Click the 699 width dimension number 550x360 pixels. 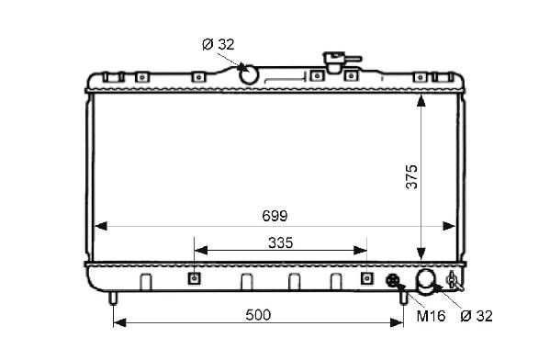[275, 216]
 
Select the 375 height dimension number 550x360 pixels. [411, 177]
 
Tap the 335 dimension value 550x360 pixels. [280, 242]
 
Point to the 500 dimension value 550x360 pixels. [258, 315]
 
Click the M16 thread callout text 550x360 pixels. [431, 316]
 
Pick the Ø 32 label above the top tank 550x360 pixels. [219, 45]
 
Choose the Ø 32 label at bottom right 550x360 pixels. [477, 316]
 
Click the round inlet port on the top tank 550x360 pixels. [248, 74]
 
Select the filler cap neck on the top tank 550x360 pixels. [336, 62]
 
